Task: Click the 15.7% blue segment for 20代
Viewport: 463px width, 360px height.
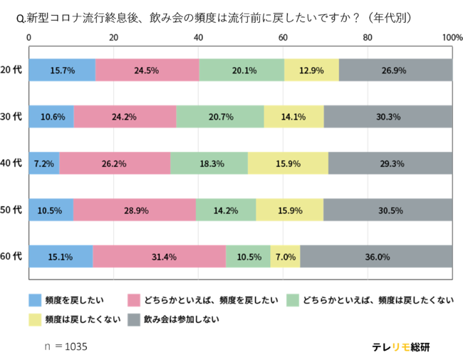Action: [62, 70]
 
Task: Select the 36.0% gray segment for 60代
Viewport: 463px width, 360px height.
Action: [376, 257]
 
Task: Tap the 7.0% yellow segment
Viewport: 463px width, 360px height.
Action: [285, 257]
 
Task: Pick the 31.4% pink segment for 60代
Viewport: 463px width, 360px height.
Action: [159, 257]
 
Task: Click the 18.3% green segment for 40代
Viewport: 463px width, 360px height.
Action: [209, 163]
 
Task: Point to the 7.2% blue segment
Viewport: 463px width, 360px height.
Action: [44, 163]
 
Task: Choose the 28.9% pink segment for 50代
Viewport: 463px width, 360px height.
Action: [135, 210]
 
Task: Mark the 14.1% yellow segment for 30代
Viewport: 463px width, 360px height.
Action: [293, 117]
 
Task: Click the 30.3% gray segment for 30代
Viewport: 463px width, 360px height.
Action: [387, 117]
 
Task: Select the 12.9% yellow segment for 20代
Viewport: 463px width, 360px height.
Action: [311, 70]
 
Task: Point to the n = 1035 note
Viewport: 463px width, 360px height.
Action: [65, 346]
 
